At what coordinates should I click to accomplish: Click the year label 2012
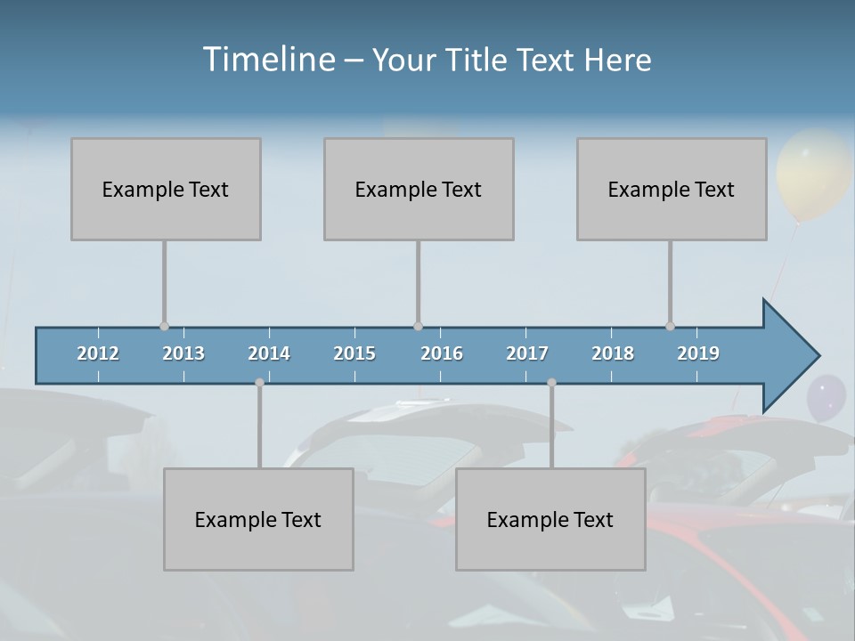[98, 353]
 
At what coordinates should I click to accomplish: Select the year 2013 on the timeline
[183, 353]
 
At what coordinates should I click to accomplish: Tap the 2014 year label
[269, 353]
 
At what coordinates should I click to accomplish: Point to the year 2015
[354, 353]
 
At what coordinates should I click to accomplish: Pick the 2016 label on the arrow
[442, 353]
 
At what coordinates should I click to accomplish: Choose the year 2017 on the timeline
[527, 353]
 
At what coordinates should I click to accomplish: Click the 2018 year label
[613, 353]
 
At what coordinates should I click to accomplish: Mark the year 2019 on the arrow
[698, 353]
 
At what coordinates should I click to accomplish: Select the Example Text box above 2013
[166, 190]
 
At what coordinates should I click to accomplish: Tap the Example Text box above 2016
[419, 190]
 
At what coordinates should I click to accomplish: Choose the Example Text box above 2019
[672, 190]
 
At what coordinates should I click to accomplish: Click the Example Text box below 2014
[258, 519]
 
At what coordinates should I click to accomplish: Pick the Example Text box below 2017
[550, 519]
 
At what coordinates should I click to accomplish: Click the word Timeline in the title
[267, 60]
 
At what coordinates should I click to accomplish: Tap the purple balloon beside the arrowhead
[826, 397]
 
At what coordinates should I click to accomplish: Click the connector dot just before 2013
[164, 326]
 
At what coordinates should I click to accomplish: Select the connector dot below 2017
[551, 383]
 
